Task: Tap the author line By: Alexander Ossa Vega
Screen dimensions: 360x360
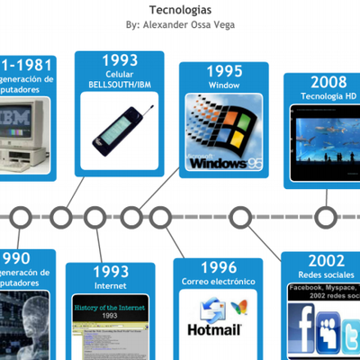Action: pos(180,24)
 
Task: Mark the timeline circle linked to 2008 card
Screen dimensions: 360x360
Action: pos(326,217)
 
